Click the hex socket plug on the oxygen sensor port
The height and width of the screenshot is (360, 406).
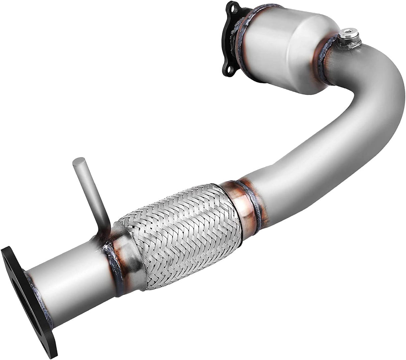[344, 33]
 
